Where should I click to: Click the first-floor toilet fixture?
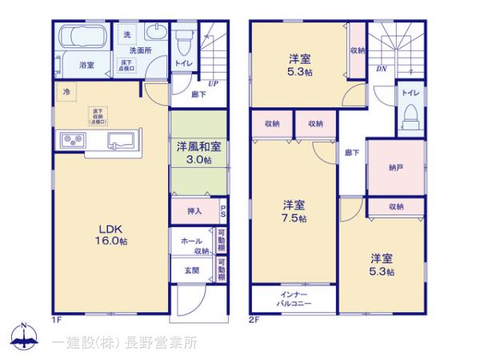point(183,39)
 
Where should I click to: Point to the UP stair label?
point(214,82)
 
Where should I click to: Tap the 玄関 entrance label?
point(193,270)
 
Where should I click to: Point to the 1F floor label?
point(57,319)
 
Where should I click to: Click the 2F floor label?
point(254,319)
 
